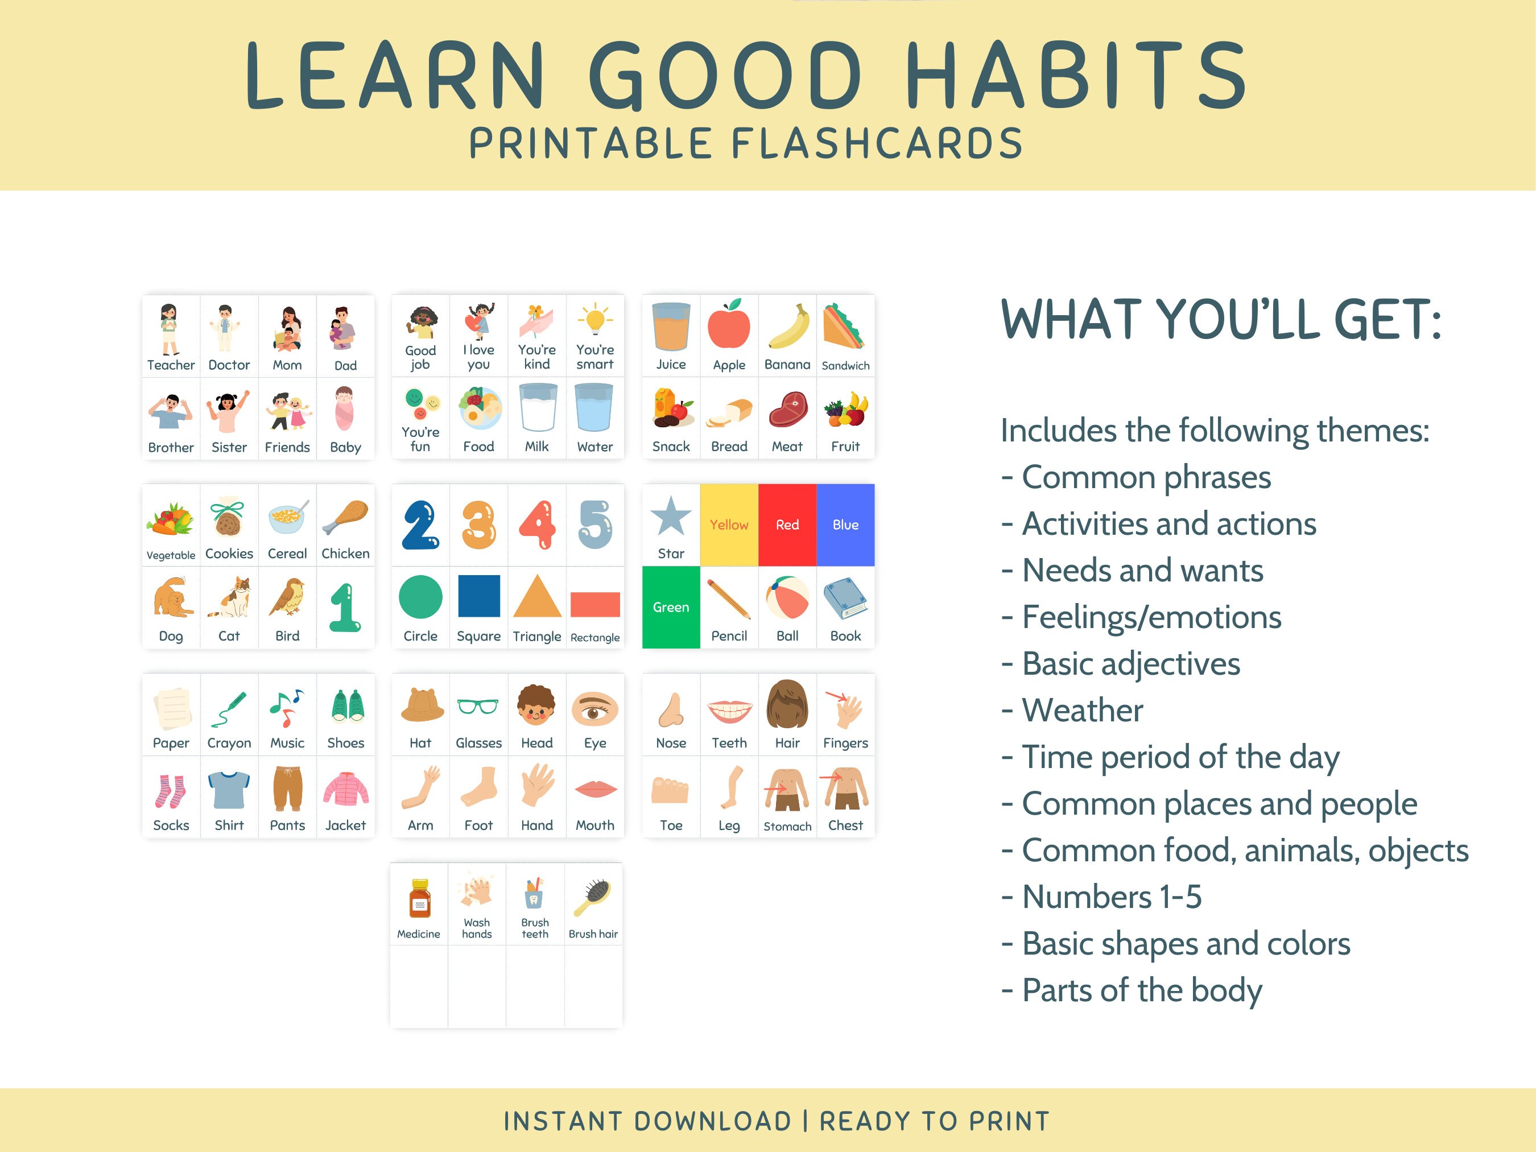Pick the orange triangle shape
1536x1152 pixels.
(x=537, y=597)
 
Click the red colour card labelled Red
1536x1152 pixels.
(x=787, y=525)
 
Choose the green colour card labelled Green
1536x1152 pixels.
(x=671, y=607)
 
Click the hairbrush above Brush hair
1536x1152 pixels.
(x=594, y=898)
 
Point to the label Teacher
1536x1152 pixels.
(x=171, y=365)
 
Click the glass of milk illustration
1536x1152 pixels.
(x=537, y=408)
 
